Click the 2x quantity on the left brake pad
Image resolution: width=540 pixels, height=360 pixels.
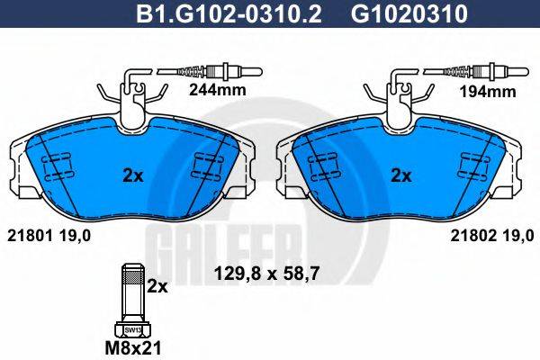pos(132,175)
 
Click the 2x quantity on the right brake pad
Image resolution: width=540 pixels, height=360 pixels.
pos(401,175)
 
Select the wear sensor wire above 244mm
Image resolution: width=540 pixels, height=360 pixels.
pos(207,71)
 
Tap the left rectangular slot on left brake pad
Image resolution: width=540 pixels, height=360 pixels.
pos(56,168)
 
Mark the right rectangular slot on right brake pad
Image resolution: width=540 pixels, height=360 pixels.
pos(475,168)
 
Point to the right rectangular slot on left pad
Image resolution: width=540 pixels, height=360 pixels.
pos(209,168)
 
